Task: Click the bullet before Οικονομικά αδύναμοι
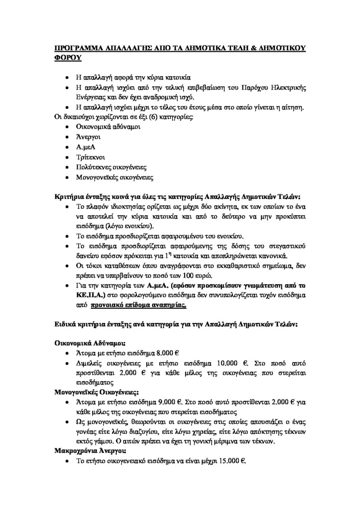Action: (x=68, y=127)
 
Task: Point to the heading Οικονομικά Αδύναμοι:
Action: (x=90, y=343)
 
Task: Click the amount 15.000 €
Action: (x=232, y=461)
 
